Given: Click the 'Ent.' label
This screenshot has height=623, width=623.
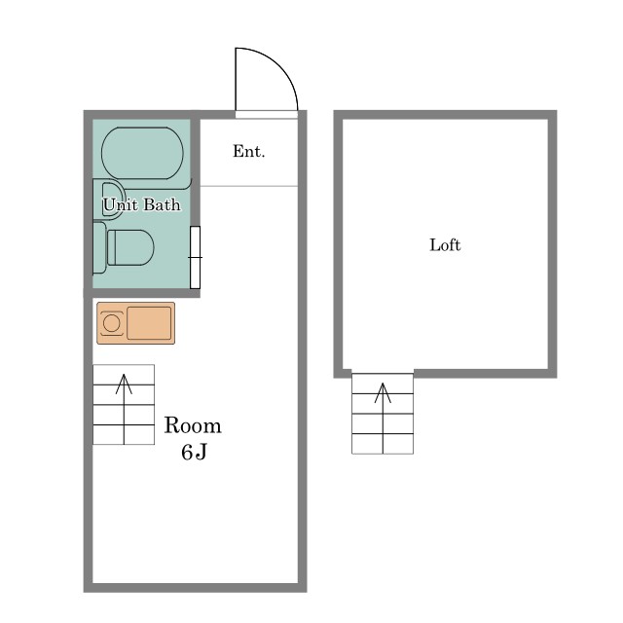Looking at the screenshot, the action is click(x=249, y=152).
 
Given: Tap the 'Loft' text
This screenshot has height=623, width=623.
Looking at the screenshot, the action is click(x=445, y=244).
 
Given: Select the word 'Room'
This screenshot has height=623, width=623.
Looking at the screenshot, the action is click(x=193, y=425).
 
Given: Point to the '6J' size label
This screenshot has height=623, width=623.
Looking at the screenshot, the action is click(x=194, y=452).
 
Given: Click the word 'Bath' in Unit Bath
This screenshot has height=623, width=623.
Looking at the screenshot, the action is click(x=162, y=204).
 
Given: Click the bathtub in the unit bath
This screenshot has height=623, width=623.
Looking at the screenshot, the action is click(x=143, y=154).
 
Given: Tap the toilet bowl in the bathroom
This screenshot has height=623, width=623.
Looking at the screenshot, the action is click(x=130, y=247).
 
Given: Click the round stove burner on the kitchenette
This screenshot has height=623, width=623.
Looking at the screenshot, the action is click(x=111, y=323).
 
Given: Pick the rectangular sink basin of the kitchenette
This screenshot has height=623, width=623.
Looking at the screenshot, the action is click(x=149, y=323).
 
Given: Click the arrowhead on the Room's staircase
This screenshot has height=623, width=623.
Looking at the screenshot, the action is click(x=124, y=384).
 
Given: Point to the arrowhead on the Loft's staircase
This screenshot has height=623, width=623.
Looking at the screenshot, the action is click(x=383, y=392).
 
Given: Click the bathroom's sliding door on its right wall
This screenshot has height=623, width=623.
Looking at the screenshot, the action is click(x=195, y=257).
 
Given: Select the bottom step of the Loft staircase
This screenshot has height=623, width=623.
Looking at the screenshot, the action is click(x=383, y=444).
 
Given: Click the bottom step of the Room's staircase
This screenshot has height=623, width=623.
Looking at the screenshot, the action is click(x=124, y=435).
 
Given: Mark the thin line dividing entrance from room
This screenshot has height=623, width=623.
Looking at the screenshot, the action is click(x=249, y=186).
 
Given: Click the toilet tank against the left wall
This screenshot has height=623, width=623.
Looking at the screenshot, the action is click(x=99, y=247).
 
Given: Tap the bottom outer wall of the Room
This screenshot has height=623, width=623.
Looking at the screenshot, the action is click(x=195, y=588).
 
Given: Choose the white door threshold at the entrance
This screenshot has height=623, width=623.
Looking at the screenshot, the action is click(x=267, y=115).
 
